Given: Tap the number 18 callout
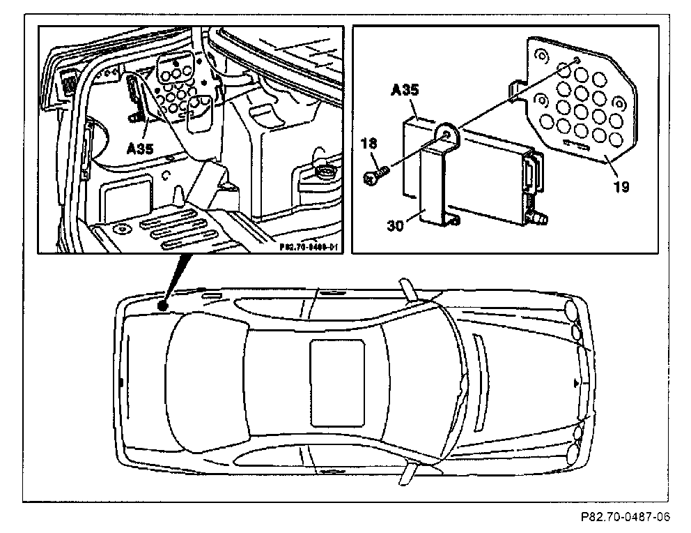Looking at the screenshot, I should click(x=368, y=144).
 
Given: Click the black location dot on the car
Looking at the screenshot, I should click(x=162, y=305).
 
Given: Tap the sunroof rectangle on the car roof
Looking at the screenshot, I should click(x=338, y=382).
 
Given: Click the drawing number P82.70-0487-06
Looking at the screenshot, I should click(x=625, y=517).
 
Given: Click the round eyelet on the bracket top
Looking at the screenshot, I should click(x=447, y=133).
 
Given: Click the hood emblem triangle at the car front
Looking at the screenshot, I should click(x=575, y=383).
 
